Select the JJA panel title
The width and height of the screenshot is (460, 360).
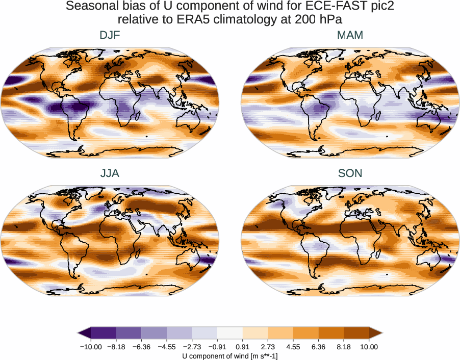pyautogui.click(x=110, y=173)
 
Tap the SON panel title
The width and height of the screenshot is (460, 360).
pyautogui.click(x=350, y=173)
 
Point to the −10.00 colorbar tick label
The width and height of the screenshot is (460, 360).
pyautogui.click(x=91, y=347)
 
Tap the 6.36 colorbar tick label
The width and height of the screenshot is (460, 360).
pyautogui.click(x=319, y=347)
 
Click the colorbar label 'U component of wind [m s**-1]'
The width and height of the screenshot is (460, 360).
pyautogui.click(x=230, y=355)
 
